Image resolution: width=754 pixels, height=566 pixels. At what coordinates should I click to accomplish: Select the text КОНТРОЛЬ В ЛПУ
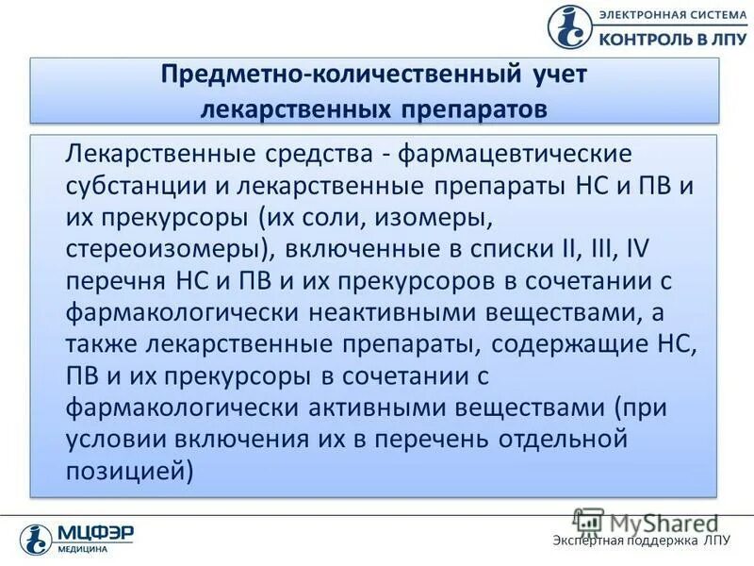pos(670,36)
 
